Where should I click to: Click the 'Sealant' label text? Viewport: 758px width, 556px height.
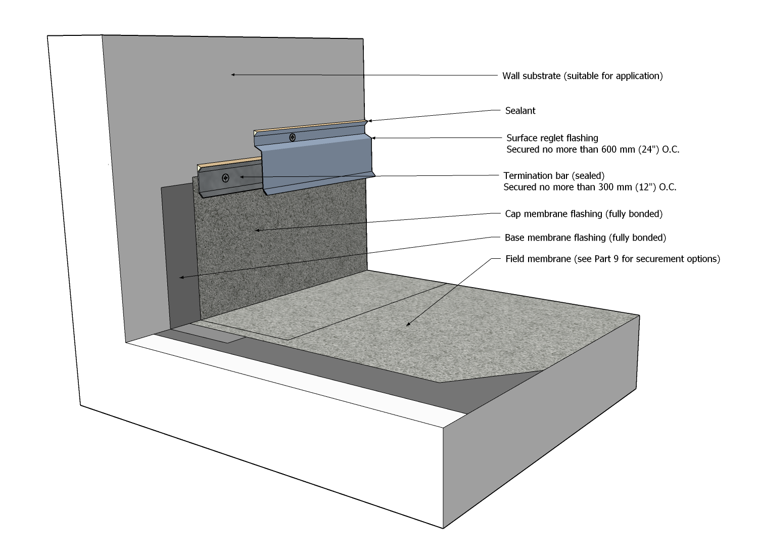coord(520,111)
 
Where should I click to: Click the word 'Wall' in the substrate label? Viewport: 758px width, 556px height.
coord(510,76)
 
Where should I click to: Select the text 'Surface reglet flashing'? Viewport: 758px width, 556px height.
coord(552,138)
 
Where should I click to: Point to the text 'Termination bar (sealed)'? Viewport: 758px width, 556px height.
coord(554,176)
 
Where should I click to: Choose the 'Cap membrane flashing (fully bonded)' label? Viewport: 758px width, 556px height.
coord(584,214)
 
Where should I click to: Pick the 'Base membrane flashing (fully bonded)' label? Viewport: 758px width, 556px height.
coord(585,238)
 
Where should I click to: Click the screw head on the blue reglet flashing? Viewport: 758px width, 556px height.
coord(293,137)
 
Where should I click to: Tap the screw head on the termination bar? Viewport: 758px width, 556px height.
coord(225,178)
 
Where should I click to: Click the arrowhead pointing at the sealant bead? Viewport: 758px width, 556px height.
coord(369,121)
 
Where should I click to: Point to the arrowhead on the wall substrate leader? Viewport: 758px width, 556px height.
coord(233,75)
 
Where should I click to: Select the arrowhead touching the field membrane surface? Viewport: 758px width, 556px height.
coord(408,325)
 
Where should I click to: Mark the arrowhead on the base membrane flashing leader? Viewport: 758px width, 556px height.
coord(181,277)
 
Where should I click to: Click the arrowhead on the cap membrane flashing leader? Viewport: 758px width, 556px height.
coord(257,230)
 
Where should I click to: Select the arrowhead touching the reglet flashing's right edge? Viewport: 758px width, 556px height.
coord(373,138)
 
